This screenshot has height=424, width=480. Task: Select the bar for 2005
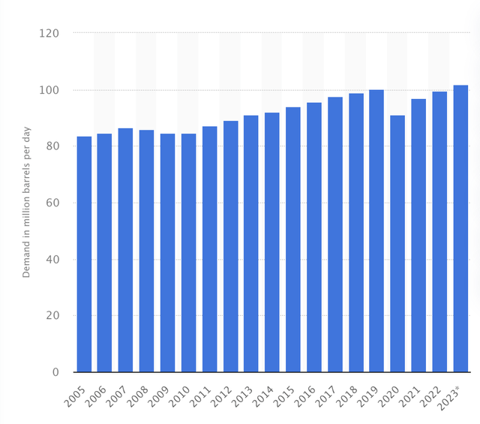click(x=84, y=254)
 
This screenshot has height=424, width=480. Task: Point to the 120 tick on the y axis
click(x=49, y=33)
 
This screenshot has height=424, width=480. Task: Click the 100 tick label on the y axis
click(x=49, y=90)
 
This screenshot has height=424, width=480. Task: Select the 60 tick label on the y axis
click(x=52, y=203)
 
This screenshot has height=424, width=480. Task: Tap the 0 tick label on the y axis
click(x=55, y=372)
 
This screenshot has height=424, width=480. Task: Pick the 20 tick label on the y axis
click(x=52, y=316)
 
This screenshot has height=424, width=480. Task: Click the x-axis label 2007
click(x=118, y=393)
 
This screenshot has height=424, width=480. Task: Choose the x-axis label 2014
click(x=265, y=393)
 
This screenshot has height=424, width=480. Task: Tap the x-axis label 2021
click(x=411, y=393)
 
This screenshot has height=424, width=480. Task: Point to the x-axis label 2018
click(x=348, y=393)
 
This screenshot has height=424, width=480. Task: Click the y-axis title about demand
click(x=27, y=203)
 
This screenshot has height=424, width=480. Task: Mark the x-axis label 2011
click(x=202, y=393)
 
